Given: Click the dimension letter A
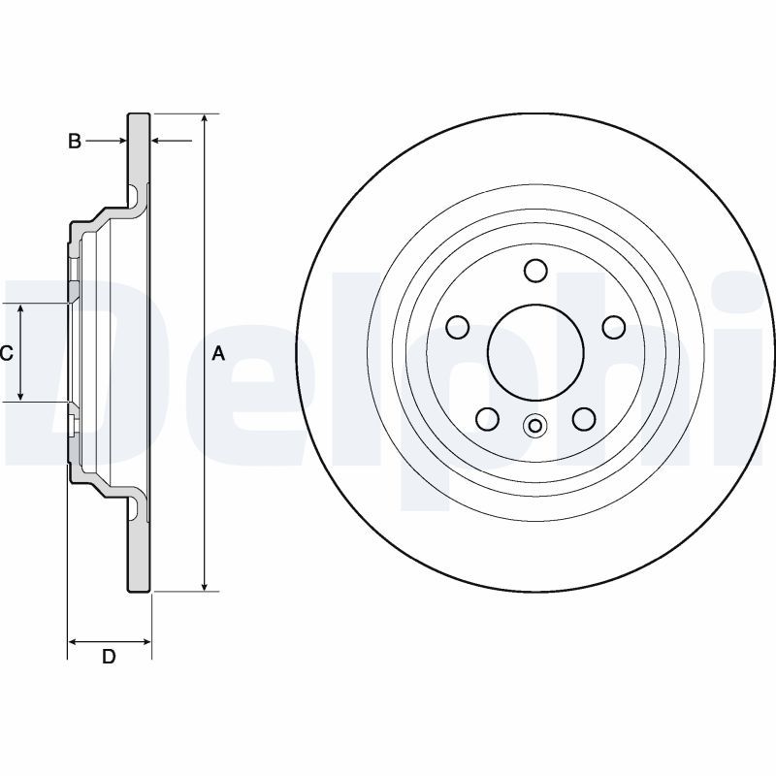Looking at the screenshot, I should pyautogui.click(x=218, y=354).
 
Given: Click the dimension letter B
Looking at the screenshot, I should pyautogui.click(x=75, y=142).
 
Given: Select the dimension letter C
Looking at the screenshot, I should pyautogui.click(x=7, y=354).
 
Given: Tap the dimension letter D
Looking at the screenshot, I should pyautogui.click(x=109, y=657).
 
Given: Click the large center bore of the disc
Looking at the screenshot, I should pyautogui.click(x=533, y=352).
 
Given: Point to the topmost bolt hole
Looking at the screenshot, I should pyautogui.click(x=534, y=270).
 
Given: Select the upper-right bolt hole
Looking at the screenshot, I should pyautogui.click(x=613, y=327).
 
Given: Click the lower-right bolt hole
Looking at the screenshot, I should pyautogui.click(x=583, y=418).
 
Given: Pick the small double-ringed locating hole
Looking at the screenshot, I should pyautogui.click(x=534, y=425).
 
